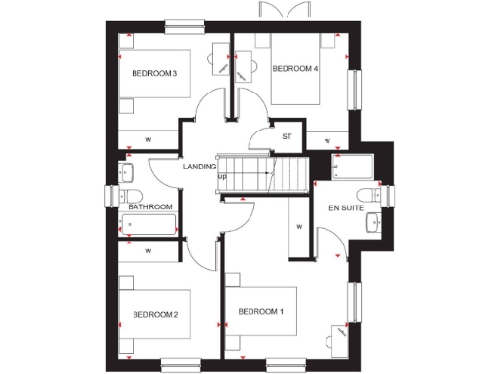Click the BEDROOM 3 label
pos(154,73)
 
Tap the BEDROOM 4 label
pos(294,69)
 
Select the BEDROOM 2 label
pos(155,314)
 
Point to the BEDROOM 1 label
pos(261,311)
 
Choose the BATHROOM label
pos(150,206)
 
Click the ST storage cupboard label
pos(287,136)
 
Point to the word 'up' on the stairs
pos(222,176)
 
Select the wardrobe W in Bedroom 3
pos(148,138)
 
